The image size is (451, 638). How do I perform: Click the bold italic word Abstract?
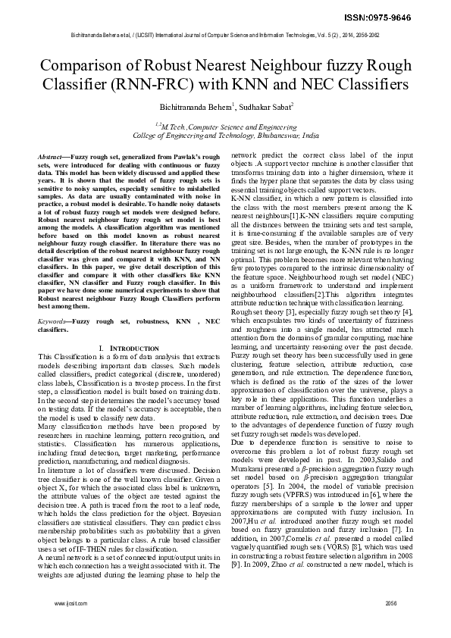click(51, 155)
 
